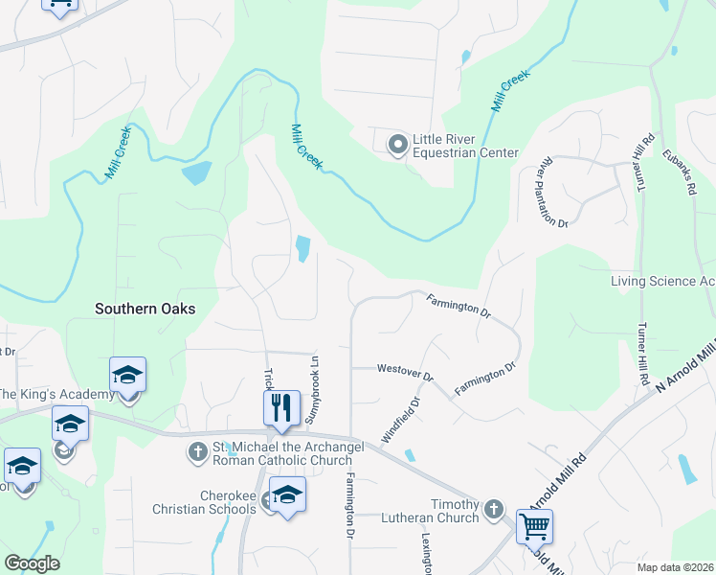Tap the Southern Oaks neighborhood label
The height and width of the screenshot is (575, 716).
(x=145, y=309)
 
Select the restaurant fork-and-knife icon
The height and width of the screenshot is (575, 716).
(x=282, y=408)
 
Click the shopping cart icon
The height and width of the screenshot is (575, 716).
(x=534, y=525)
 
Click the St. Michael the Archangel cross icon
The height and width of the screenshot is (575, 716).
(x=198, y=449)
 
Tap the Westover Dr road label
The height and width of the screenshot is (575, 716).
(x=405, y=368)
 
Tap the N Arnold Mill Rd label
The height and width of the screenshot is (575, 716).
(x=685, y=364)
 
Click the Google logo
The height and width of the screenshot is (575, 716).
(x=33, y=563)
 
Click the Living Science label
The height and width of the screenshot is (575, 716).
(x=662, y=281)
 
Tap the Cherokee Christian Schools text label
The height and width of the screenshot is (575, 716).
(x=204, y=501)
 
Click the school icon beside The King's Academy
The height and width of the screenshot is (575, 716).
(x=127, y=375)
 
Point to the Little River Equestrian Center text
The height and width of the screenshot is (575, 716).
(x=465, y=146)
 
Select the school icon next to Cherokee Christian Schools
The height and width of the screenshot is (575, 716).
(x=286, y=494)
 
